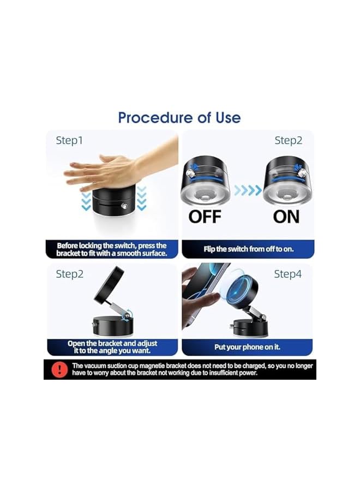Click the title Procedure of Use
pyautogui.click(x=179, y=117)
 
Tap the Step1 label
pyautogui.click(x=69, y=141)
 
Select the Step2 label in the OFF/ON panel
pyautogui.click(x=288, y=141)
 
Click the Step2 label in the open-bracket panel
pyautogui.click(x=69, y=274)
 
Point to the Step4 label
pyautogui.click(x=287, y=274)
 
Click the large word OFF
pyautogui.click(x=205, y=217)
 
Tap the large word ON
pyautogui.click(x=286, y=217)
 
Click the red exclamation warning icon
pyautogui.click(x=58, y=369)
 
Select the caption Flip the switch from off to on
pyautogui.click(x=248, y=249)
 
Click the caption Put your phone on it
pyautogui.click(x=247, y=347)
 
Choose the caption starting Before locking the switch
pyautogui.click(x=112, y=249)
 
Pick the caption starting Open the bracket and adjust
pyautogui.click(x=112, y=347)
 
